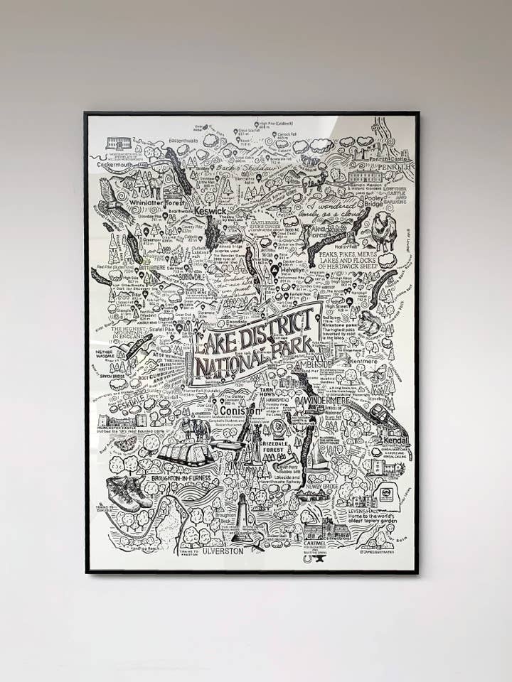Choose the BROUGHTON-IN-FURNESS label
181,478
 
